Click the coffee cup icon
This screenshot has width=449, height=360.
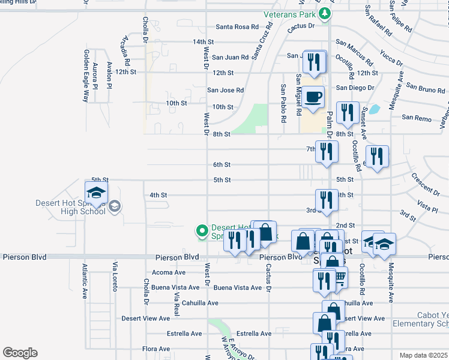(x=313, y=98)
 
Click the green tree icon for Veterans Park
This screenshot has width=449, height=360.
(x=324, y=13)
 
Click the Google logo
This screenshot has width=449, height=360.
(x=20, y=353)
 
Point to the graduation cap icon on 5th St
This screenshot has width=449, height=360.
(x=95, y=194)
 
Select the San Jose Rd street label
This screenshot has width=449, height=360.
(x=225, y=90)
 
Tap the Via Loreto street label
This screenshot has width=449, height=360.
(x=114, y=276)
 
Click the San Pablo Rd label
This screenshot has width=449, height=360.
(x=283, y=103)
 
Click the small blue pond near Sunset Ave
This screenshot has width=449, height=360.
(x=374, y=110)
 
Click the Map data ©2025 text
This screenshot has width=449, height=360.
(x=423, y=355)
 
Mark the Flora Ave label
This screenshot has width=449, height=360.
(x=156, y=349)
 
